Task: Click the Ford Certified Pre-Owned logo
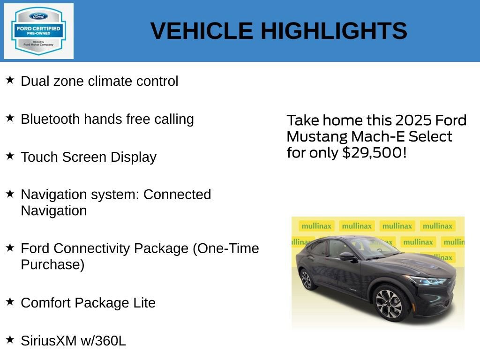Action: [38, 31]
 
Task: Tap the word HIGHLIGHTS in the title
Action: [334, 31]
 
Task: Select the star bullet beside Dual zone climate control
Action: [10, 80]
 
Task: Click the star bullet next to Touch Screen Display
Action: [10, 156]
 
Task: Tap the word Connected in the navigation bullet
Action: [177, 195]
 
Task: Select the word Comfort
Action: [45, 303]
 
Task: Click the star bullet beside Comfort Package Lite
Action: [10, 301]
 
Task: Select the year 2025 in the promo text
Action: [414, 120]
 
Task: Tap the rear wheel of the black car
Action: [307, 279]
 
